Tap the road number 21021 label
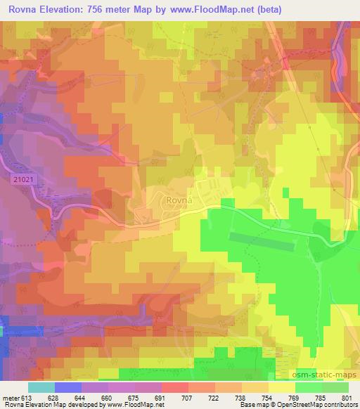click(x=23, y=180)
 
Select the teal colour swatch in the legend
click(x=41, y=387)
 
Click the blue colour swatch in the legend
click(x=68, y=387)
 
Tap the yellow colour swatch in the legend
click(x=281, y=387)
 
